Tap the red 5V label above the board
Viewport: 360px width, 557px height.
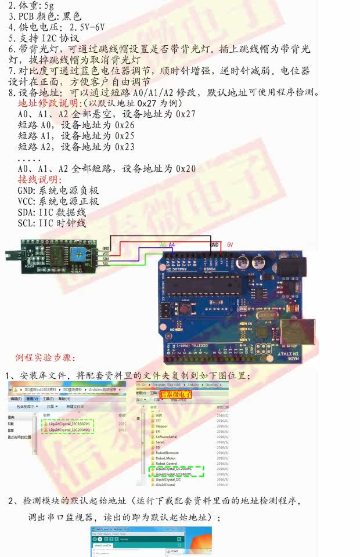click(x=230, y=245)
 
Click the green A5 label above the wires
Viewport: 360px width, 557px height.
click(x=163, y=245)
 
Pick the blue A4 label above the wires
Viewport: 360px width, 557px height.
click(x=172, y=245)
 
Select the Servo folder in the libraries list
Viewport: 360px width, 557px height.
click(x=160, y=442)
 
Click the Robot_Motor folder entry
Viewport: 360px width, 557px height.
click(x=167, y=458)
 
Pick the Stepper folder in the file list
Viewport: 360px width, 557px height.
click(x=162, y=425)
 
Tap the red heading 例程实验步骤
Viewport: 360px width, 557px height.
click(x=45, y=356)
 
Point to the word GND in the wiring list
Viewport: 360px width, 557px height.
click(x=27, y=190)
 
